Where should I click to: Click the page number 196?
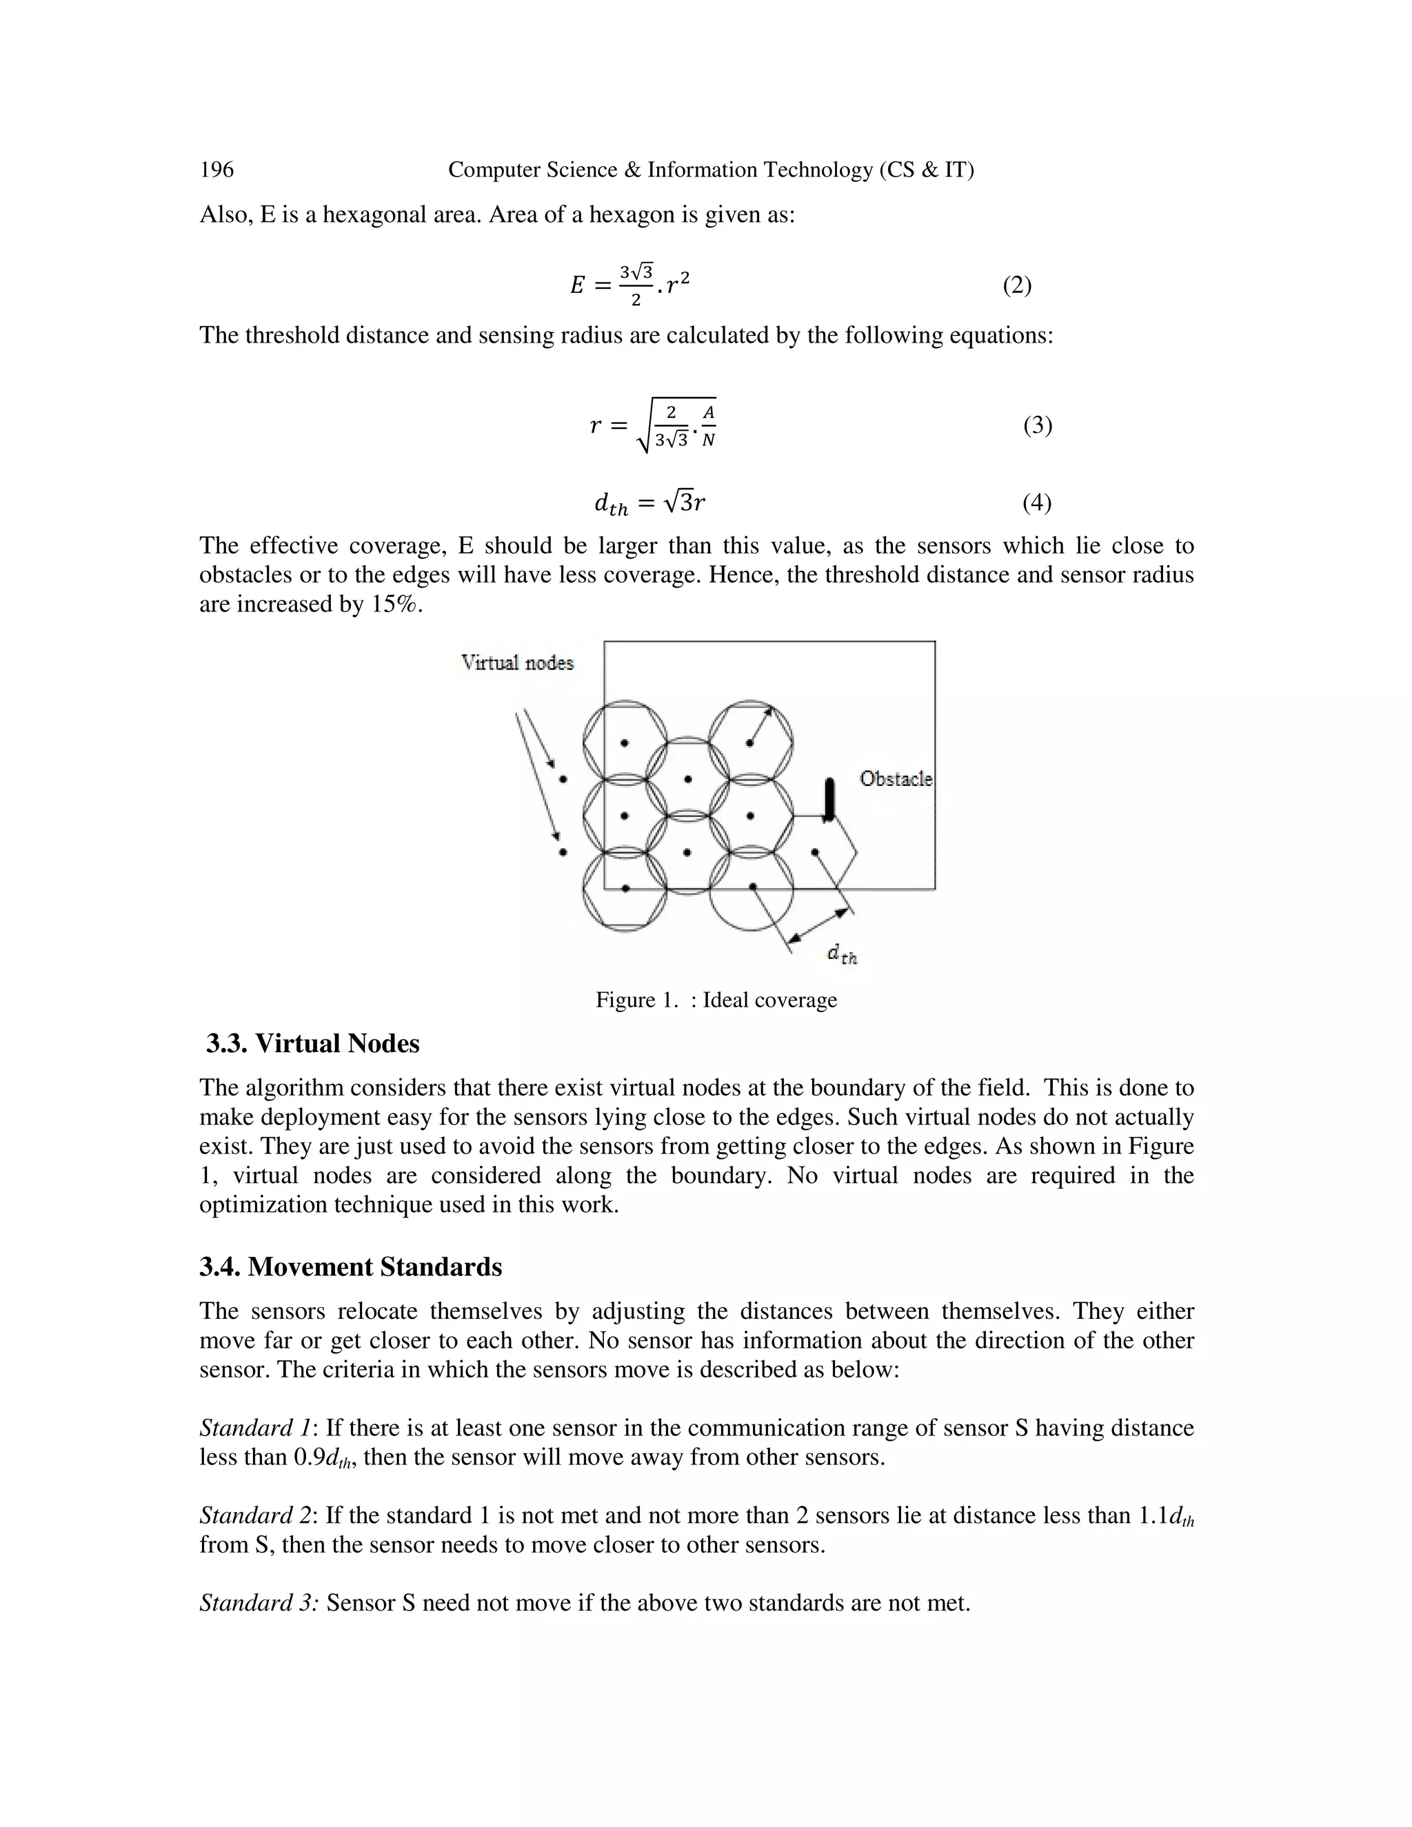pos(216,170)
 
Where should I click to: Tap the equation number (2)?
pos(1016,285)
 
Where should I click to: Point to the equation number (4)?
pos(1036,502)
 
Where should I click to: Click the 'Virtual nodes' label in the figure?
pos(518,663)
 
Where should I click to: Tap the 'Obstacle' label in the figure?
pos(896,779)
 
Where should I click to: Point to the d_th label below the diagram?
pos(843,953)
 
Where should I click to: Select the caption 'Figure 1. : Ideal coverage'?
pos(716,1000)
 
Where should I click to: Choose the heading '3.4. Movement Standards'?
pos(350,1266)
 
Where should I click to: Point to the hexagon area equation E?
pos(630,285)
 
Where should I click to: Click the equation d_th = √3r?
pos(649,503)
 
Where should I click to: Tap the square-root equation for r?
pos(652,425)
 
